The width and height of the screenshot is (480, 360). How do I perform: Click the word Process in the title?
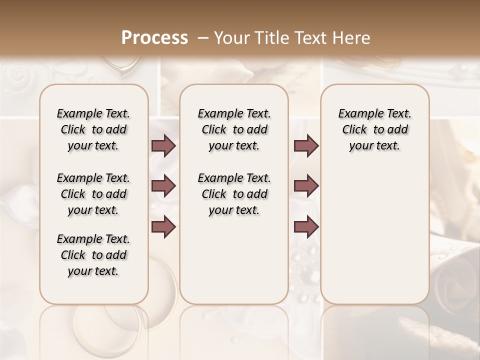tap(154, 38)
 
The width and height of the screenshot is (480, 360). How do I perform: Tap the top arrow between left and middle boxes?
tap(163, 145)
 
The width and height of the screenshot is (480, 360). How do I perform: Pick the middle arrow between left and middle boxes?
tap(163, 186)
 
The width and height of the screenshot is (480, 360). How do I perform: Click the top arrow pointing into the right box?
tap(306, 145)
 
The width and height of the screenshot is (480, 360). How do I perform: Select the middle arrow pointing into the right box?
tap(306, 186)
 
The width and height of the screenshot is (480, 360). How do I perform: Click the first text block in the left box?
tap(93, 129)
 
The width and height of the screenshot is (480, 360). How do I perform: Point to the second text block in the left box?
tap(93, 194)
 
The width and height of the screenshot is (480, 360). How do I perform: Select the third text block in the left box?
tap(93, 255)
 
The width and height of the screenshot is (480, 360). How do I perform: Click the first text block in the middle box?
tap(234, 129)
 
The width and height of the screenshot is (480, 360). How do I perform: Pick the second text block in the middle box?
tap(234, 194)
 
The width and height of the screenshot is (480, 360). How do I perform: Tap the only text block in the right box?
tap(374, 129)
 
